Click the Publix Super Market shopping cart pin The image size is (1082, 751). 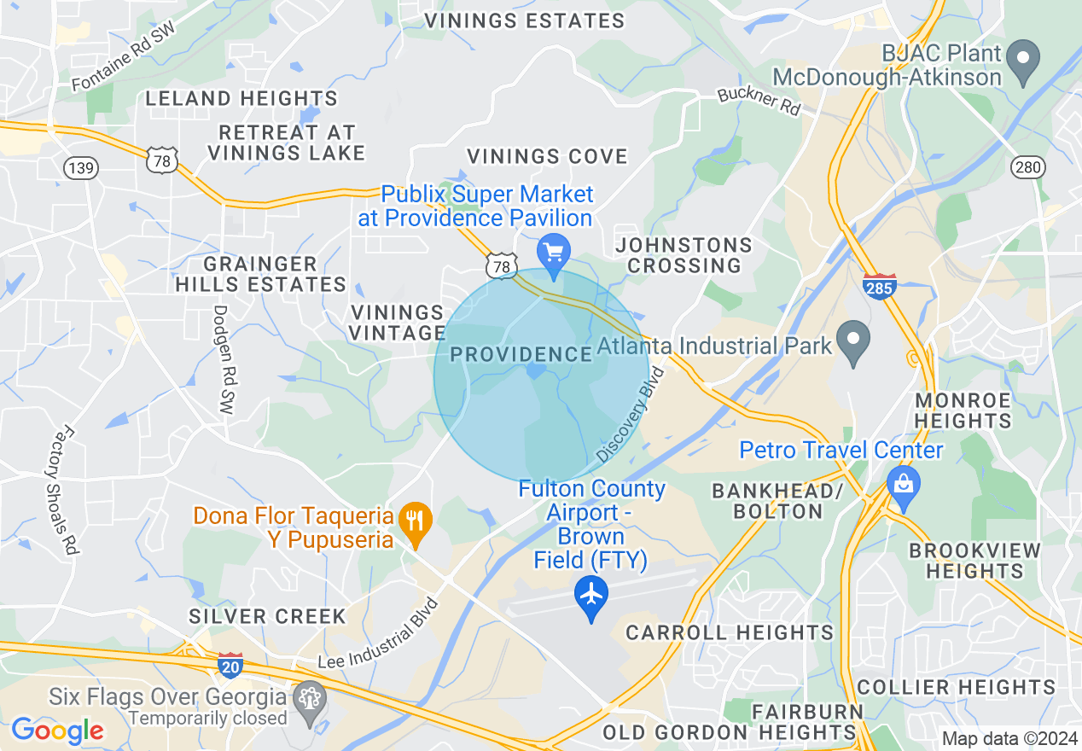(554, 253)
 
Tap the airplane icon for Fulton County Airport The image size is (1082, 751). (591, 595)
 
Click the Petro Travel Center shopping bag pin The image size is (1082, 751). (903, 483)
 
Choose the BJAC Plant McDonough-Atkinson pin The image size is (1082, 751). (1023, 61)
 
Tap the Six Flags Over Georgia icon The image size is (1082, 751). (309, 702)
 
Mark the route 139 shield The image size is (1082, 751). (81, 167)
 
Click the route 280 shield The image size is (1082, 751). (1028, 166)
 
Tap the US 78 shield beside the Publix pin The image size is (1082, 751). (502, 266)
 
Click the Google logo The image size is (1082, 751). (57, 731)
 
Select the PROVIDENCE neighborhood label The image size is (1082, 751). (521, 354)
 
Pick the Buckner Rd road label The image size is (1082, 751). (759, 102)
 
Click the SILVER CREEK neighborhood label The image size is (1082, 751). (267, 616)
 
